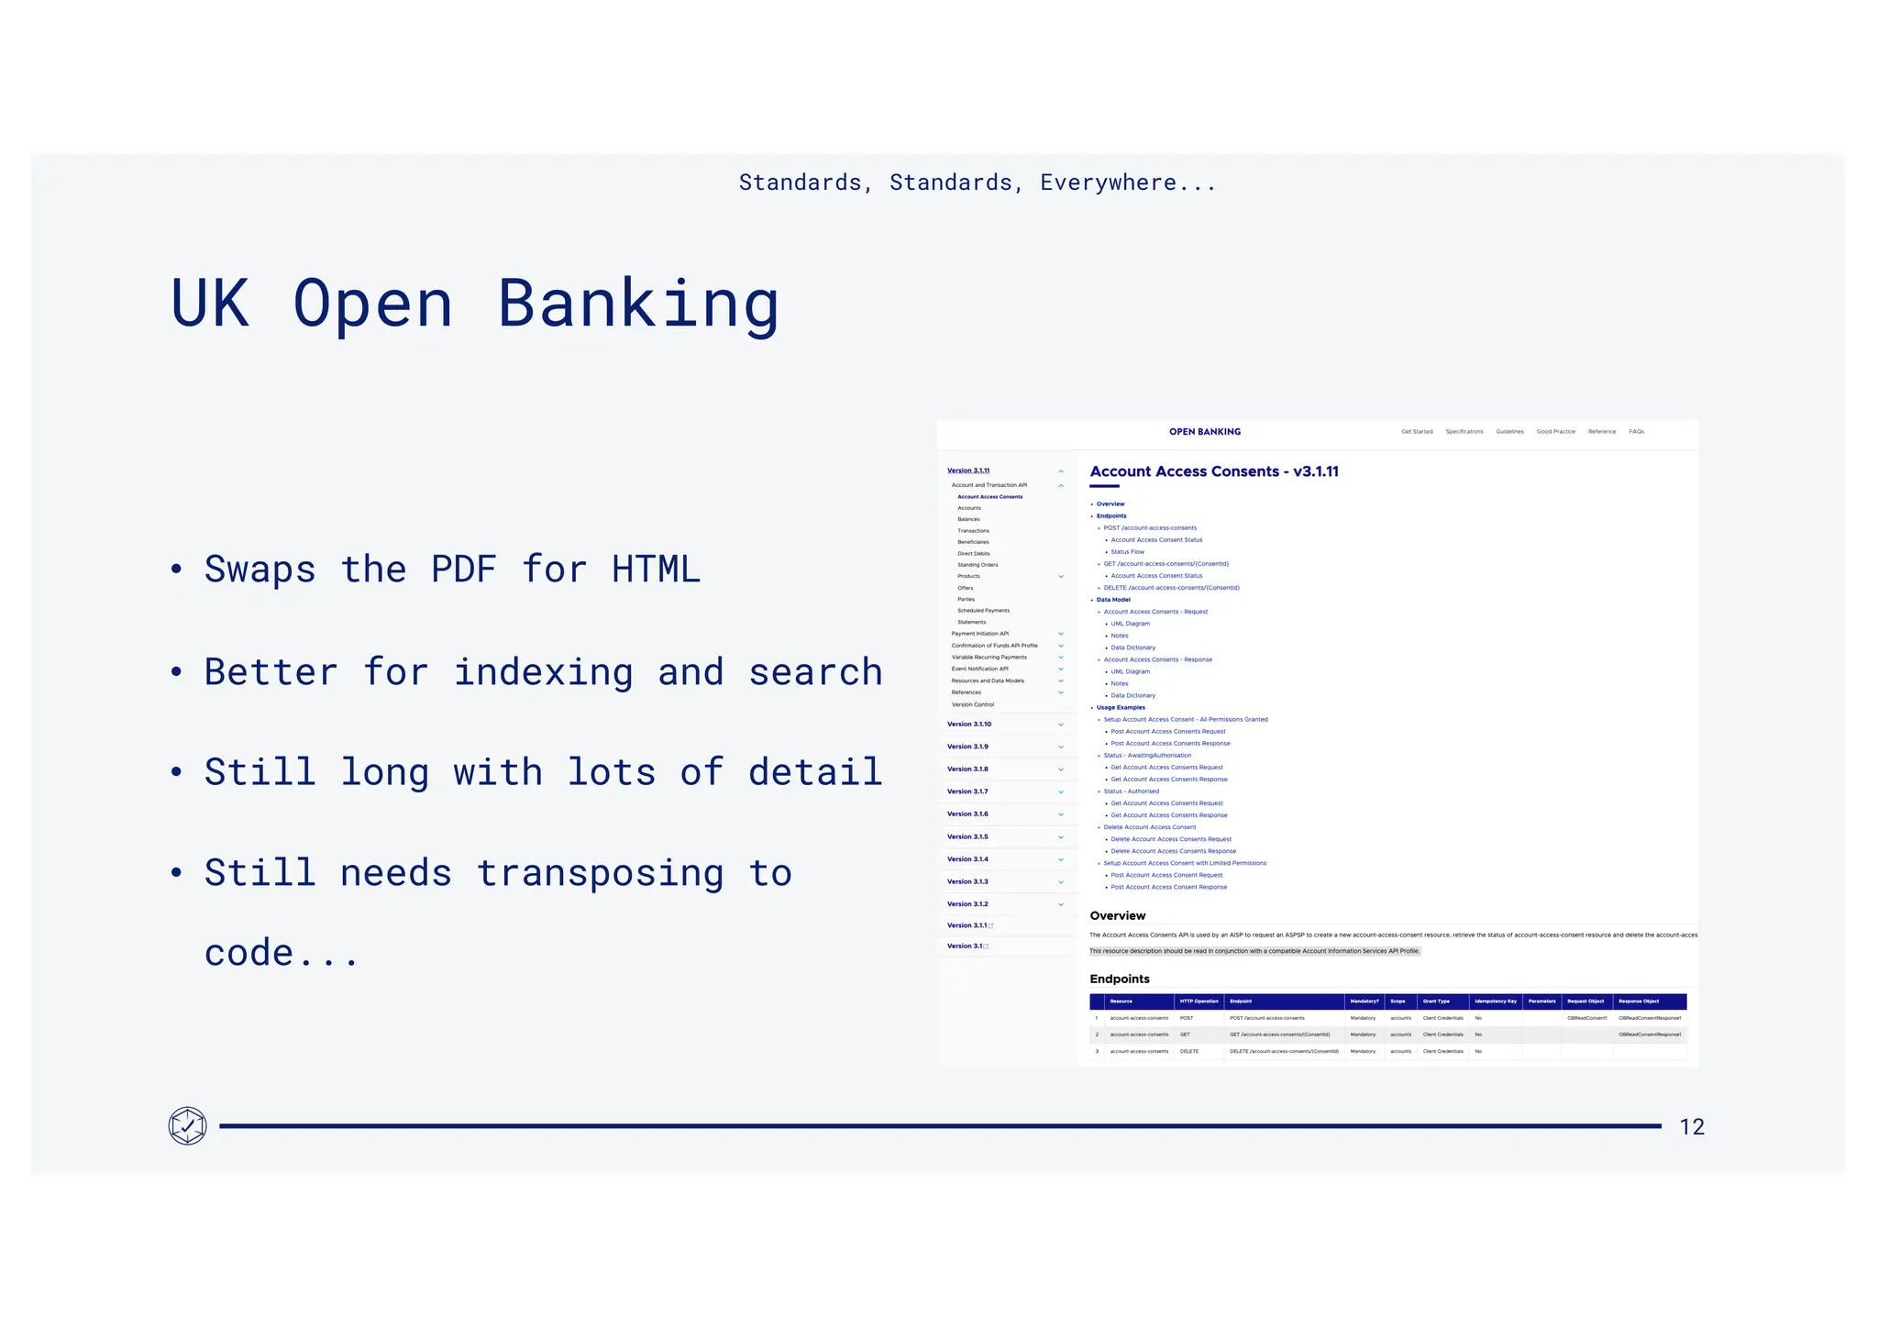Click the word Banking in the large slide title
pos(638,304)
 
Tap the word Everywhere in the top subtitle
pos(1108,183)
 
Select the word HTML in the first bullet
pos(656,570)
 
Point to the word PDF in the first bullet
pos(464,570)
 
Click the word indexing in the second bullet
pos(543,672)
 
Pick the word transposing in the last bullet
pos(600,873)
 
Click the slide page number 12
pos(1692,1127)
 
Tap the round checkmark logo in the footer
pos(188,1125)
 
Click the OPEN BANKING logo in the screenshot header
pos(1205,432)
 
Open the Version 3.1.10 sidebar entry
pos(969,725)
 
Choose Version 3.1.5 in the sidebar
pos(967,837)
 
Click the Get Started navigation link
pos(1417,432)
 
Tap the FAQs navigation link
pos(1637,432)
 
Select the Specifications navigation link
pos(1464,432)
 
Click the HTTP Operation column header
pos(1199,1002)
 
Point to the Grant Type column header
pos(1436,1002)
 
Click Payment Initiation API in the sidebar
pos(980,634)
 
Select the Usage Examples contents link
pos(1121,708)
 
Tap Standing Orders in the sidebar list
pos(978,565)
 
